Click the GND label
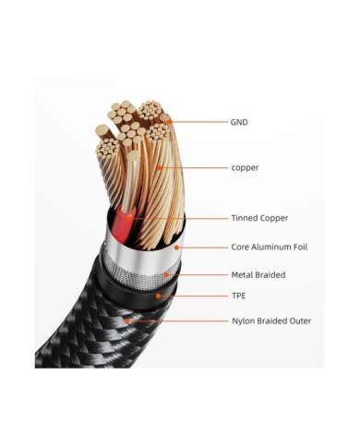point(239,121)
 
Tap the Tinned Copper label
point(259,218)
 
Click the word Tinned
point(246,218)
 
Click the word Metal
point(244,274)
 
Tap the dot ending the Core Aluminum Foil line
point(177,247)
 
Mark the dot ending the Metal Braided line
point(164,274)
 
